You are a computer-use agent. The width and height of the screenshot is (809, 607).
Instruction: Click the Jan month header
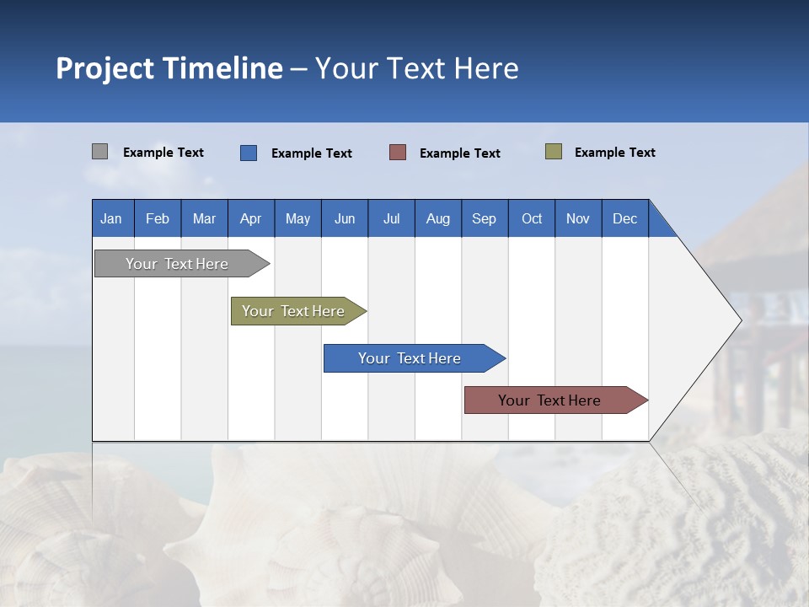(x=111, y=218)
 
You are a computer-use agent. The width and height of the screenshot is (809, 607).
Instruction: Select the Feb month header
(x=158, y=218)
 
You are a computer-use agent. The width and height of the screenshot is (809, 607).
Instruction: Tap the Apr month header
(x=251, y=218)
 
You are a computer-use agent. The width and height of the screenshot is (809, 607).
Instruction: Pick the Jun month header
(x=345, y=218)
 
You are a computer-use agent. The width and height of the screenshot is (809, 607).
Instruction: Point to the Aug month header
(x=438, y=218)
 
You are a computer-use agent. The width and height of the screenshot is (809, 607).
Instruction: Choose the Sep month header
(x=485, y=218)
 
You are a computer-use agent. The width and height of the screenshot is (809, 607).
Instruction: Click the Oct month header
(x=532, y=218)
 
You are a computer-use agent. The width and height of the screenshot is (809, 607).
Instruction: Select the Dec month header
(x=625, y=218)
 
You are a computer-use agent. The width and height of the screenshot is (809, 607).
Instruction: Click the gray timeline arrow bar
(x=178, y=264)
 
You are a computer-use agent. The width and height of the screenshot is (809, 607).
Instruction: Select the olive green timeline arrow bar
(x=294, y=311)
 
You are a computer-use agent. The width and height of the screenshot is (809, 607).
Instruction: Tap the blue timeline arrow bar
(x=410, y=358)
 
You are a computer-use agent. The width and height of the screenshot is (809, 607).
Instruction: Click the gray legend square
(x=99, y=152)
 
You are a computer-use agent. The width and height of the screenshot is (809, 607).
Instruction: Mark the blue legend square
(x=249, y=153)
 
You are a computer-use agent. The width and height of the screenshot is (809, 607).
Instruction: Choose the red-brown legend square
(x=398, y=153)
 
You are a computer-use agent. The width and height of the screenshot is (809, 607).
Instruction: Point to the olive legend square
(x=554, y=152)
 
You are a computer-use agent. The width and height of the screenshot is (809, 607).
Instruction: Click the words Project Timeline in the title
(x=169, y=68)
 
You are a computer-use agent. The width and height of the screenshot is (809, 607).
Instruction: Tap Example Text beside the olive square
(x=615, y=153)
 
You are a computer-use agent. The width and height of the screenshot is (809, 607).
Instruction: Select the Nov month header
(x=578, y=218)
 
